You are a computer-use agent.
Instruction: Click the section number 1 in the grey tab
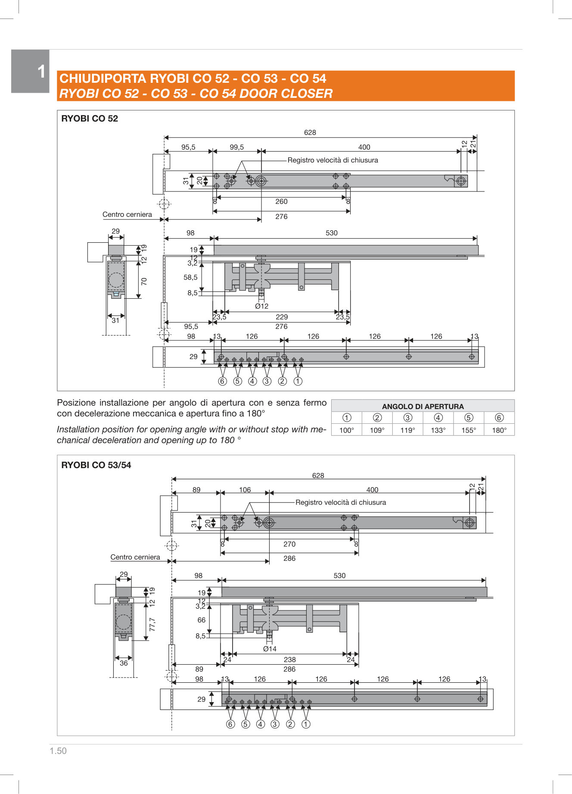pyautogui.click(x=41, y=72)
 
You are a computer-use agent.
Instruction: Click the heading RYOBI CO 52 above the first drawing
pyautogui.click(x=90, y=119)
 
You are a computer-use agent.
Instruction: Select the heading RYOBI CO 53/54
pyautogui.click(x=96, y=465)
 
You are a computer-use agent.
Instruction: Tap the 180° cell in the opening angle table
pyautogui.click(x=499, y=430)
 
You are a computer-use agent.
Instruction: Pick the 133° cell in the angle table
pyautogui.click(x=438, y=430)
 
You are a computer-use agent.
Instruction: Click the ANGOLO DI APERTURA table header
pyautogui.click(x=423, y=406)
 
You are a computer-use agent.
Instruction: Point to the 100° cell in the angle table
pyautogui.click(x=346, y=430)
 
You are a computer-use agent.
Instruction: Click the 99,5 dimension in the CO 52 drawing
pyautogui.click(x=236, y=147)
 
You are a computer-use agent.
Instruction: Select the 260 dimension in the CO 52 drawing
pyautogui.click(x=281, y=201)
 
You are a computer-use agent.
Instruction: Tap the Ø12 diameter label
pyautogui.click(x=261, y=306)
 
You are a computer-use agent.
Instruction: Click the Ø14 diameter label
pyautogui.click(x=270, y=649)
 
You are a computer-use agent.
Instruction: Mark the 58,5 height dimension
pyautogui.click(x=190, y=277)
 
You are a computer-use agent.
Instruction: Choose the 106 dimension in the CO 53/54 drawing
pyautogui.click(x=245, y=490)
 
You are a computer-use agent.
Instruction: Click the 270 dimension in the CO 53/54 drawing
pyautogui.click(x=289, y=544)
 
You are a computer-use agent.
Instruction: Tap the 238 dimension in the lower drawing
pyautogui.click(x=290, y=660)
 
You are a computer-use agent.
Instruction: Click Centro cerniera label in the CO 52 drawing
pyautogui.click(x=127, y=214)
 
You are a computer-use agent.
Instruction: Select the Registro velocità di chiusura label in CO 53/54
pyautogui.click(x=341, y=502)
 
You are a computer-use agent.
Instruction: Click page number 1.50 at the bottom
pyautogui.click(x=58, y=751)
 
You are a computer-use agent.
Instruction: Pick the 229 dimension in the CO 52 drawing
pyautogui.click(x=282, y=317)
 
